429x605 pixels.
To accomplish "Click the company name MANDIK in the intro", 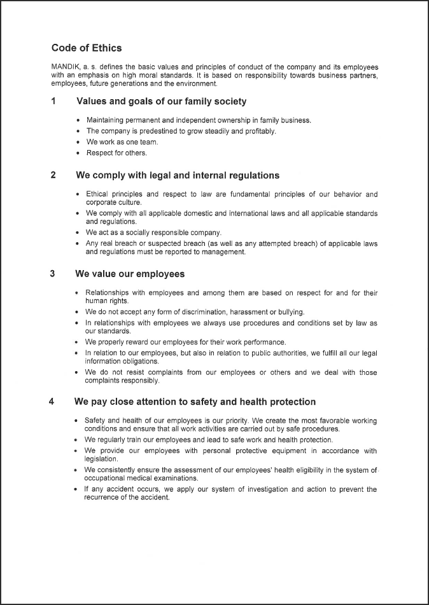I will click(x=65, y=67).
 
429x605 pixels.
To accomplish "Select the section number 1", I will click(x=53, y=102).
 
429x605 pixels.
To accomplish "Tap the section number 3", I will click(x=52, y=274).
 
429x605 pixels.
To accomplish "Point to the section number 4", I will click(x=52, y=402).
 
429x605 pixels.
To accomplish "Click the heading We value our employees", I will click(x=130, y=274).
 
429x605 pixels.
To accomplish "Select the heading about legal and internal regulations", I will click(x=178, y=175).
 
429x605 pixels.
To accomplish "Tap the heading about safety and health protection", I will click(x=195, y=402).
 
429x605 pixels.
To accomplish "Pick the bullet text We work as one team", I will click(x=122, y=142).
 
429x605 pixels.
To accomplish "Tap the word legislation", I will click(x=101, y=458).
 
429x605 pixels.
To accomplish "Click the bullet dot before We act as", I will click(x=78, y=233).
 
